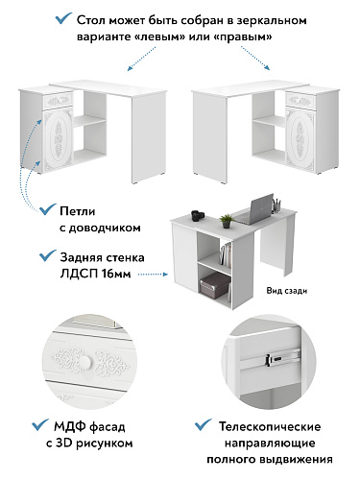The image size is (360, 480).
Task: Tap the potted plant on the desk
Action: pos(227,221)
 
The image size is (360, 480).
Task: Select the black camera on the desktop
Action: pos(198,215)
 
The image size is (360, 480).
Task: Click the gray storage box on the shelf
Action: pos(215,285)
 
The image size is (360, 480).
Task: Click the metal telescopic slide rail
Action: pos(282,357)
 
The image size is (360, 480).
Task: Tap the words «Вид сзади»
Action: pos(287,291)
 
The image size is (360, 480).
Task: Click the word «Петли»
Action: pos(78,211)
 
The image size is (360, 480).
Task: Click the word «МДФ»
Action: pos(69,426)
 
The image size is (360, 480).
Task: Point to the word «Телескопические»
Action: pos(270,426)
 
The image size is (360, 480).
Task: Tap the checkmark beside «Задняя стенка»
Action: pos(47,255)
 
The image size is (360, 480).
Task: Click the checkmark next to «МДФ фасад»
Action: pos(40,424)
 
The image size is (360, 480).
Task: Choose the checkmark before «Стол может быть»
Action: pos(63,18)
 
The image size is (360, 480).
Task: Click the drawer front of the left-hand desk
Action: pos(60,101)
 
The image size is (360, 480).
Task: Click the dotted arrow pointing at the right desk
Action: pos(255,59)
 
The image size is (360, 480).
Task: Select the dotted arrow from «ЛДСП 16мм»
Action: pos(153,275)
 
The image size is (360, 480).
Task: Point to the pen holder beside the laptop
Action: pos(276,204)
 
